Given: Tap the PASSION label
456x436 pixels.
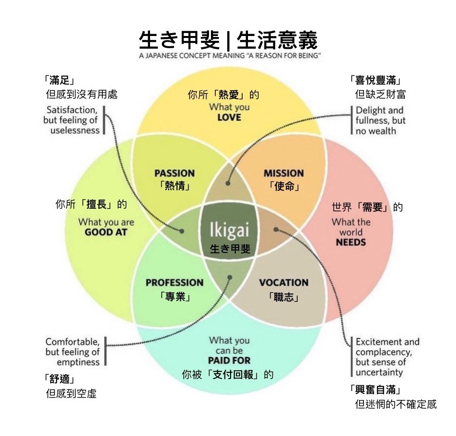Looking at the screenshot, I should coord(174,173).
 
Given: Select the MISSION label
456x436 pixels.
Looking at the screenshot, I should coord(284,173).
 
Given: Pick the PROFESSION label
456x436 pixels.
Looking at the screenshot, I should coord(174,283).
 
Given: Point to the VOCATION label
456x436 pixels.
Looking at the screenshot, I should coord(284,283).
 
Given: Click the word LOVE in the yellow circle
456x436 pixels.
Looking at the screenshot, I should coord(229,118).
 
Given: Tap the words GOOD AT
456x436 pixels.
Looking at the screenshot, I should coord(106,232).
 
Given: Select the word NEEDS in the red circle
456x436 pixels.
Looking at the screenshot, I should coord(351,242).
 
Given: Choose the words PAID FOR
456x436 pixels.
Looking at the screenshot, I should coord(229,361).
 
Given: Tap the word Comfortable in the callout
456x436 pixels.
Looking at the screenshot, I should coord(73,342).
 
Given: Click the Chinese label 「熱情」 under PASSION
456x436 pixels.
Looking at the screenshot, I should coord(174,186).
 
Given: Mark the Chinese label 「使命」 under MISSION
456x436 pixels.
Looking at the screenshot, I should coord(284,186).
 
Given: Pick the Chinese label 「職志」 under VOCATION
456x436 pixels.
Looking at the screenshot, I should coord(284,296).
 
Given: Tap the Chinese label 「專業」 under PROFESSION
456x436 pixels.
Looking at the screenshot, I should coord(174,296).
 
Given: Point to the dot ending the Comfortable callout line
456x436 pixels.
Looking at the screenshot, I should coord(229,277).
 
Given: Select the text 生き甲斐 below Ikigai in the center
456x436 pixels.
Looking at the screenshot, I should coord(229,249).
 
